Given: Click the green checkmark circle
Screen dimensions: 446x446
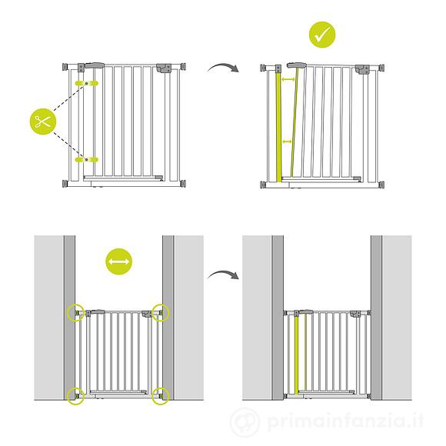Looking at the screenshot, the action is (x=322, y=35).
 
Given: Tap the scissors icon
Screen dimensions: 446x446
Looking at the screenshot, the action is (x=43, y=121).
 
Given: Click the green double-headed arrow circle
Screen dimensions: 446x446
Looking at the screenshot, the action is (x=119, y=261).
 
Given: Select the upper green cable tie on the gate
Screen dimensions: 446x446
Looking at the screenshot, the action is (x=86, y=83).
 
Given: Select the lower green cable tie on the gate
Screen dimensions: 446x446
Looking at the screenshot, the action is (x=86, y=160).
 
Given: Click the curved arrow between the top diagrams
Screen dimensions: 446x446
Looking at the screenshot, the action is (x=223, y=68).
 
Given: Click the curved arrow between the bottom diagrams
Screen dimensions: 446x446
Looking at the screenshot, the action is (x=223, y=275).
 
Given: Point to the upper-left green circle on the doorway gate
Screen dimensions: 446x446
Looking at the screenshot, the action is (x=75, y=312).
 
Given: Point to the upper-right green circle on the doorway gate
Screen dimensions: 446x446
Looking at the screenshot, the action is (x=161, y=312).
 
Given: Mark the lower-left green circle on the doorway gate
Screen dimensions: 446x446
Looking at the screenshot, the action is (x=75, y=396).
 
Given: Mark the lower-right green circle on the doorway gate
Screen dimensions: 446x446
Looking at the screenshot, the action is (x=161, y=396).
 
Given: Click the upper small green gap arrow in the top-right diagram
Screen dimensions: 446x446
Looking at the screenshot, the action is (x=288, y=80).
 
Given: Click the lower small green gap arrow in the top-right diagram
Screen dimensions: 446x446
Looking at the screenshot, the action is (x=287, y=141).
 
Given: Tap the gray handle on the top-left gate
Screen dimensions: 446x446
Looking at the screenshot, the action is (x=95, y=65).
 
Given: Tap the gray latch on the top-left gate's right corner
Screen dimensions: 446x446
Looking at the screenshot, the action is (x=164, y=68).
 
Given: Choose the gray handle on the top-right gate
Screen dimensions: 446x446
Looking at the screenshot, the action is (x=296, y=65).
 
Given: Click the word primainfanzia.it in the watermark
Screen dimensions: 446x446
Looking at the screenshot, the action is (x=345, y=421).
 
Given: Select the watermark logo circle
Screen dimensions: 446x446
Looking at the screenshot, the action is (x=245, y=422).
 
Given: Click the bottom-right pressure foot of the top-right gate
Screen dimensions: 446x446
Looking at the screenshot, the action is (x=381, y=185).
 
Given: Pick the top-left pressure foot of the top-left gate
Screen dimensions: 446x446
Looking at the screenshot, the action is (x=65, y=67).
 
